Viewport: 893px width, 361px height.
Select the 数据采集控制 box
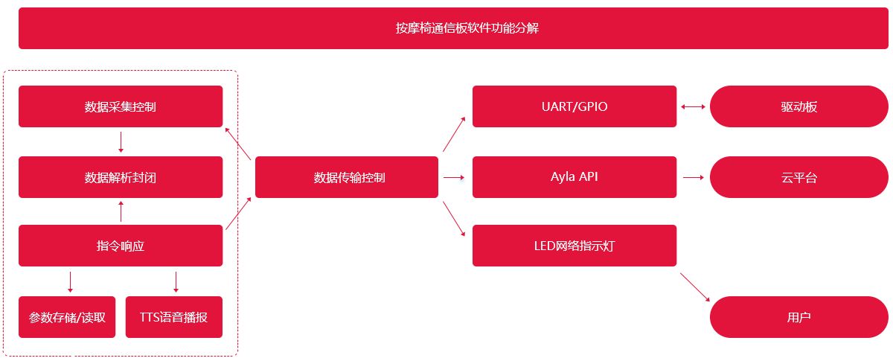(121, 106)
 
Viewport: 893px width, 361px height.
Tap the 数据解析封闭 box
(121, 177)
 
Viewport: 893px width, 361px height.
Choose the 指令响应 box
(121, 246)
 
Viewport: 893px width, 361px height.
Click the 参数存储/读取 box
(67, 317)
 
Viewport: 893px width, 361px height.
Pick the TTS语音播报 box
(173, 317)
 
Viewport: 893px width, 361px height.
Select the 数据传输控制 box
(347, 177)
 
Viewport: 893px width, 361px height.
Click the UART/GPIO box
(574, 106)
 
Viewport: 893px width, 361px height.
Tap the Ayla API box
(574, 177)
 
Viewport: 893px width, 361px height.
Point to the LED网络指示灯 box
(574, 246)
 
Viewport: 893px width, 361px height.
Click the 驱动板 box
(799, 106)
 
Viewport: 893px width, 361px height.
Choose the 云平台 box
(799, 177)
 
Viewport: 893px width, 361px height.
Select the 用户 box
(799, 317)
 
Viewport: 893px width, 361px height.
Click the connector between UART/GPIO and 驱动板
(693, 106)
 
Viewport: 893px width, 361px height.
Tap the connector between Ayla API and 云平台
(693, 177)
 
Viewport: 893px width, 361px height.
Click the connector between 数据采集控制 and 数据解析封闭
(121, 141)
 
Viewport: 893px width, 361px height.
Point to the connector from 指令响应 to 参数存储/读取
(71, 281)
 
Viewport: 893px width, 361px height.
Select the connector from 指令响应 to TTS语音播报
(176, 281)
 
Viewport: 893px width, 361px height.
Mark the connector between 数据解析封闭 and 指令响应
(121, 211)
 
